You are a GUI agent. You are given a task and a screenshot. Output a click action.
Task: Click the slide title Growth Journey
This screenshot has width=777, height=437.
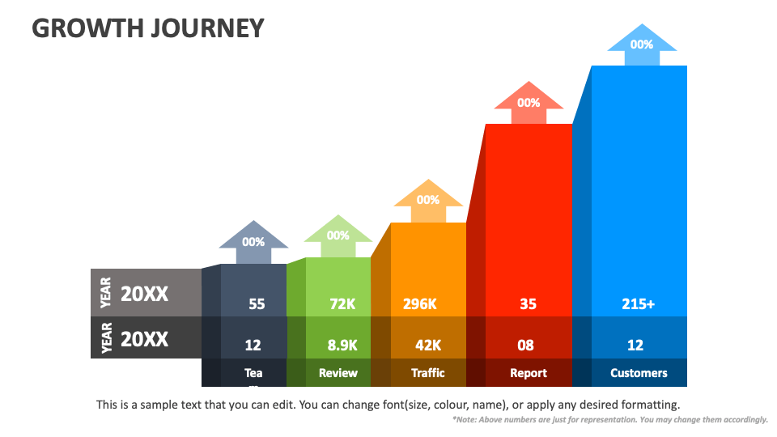(148, 28)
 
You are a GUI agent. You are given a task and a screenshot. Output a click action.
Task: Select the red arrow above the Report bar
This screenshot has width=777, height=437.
(529, 102)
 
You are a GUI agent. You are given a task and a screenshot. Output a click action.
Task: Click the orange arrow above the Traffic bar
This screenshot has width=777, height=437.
(428, 199)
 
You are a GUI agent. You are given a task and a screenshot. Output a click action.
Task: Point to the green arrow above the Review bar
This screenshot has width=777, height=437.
(338, 235)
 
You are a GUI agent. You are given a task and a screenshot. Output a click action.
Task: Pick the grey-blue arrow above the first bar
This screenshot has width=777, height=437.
(253, 240)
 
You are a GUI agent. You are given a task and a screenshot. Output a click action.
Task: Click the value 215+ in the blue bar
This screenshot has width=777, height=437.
(639, 304)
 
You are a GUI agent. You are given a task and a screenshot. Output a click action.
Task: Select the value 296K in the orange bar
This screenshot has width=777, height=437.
(420, 304)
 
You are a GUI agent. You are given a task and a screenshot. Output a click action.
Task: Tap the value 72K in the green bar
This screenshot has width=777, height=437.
(342, 304)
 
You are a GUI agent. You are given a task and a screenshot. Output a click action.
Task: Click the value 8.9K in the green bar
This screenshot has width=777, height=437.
(342, 345)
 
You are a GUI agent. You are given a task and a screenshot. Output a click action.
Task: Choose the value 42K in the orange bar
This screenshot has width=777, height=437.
(428, 345)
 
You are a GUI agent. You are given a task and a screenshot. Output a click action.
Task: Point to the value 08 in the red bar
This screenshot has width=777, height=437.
(525, 345)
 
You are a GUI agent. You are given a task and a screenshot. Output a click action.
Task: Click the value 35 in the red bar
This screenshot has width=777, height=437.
(528, 304)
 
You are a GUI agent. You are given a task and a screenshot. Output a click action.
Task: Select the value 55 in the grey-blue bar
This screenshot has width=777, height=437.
(257, 304)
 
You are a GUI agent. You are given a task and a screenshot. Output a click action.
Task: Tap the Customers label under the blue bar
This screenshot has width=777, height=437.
(639, 373)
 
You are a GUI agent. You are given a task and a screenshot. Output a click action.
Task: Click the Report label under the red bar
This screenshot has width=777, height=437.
(529, 373)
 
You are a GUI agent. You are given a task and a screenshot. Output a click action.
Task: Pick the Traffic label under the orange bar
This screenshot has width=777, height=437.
(428, 373)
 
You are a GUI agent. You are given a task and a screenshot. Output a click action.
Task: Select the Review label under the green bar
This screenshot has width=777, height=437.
(338, 373)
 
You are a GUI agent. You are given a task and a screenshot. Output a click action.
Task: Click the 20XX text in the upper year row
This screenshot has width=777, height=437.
(145, 295)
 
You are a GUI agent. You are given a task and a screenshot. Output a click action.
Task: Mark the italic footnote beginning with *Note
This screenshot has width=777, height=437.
(609, 420)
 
